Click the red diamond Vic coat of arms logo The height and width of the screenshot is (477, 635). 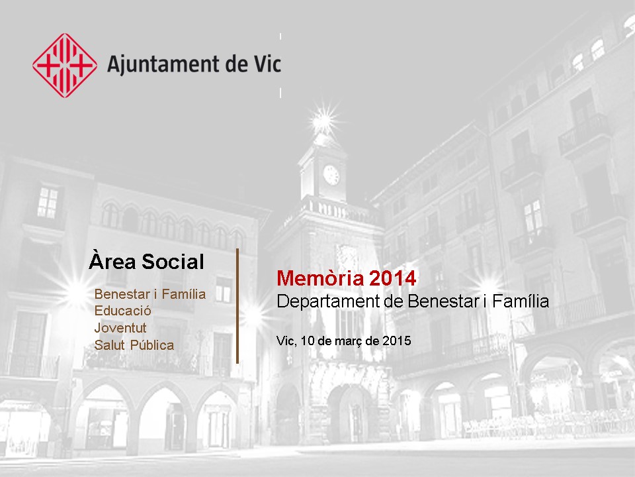[x=65, y=66]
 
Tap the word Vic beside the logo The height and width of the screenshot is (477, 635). [x=267, y=64]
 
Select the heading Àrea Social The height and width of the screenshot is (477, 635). [x=147, y=261]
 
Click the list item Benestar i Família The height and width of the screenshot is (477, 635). [x=150, y=293]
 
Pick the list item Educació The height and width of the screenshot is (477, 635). [x=123, y=311]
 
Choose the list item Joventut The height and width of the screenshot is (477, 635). [x=120, y=328]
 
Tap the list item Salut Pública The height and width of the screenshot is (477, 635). [x=134, y=345]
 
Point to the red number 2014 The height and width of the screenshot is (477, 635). [x=393, y=278]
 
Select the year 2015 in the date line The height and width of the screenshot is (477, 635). [x=397, y=341]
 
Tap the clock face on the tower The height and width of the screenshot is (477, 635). [x=331, y=175]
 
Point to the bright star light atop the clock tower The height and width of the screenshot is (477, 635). [x=323, y=120]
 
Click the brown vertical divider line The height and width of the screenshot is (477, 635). [x=237, y=306]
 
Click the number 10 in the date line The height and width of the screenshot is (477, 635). [x=308, y=341]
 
